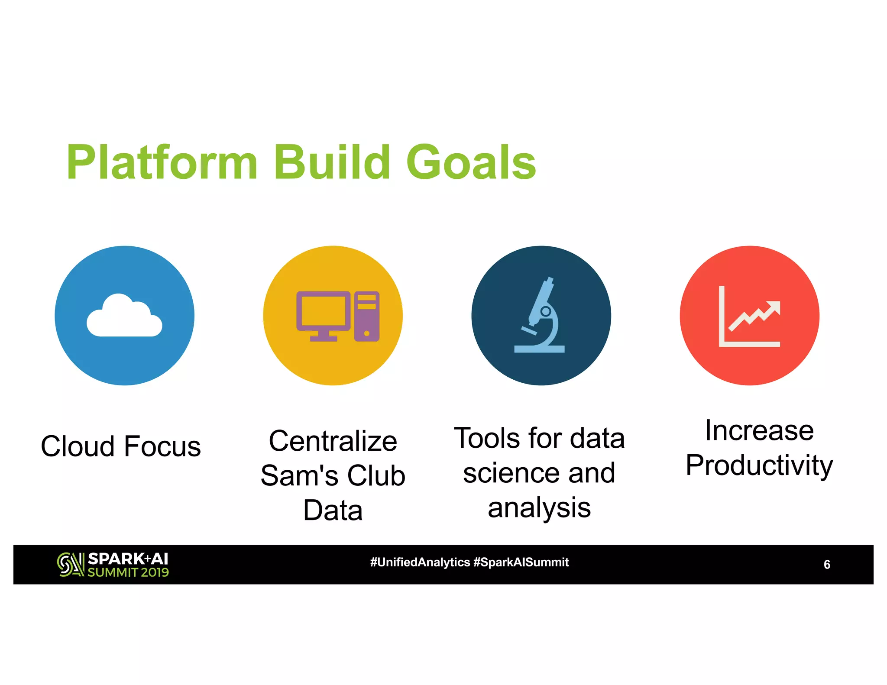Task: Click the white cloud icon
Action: click(124, 316)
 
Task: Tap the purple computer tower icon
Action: click(367, 316)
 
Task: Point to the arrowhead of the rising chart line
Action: click(774, 307)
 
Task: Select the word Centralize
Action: click(333, 441)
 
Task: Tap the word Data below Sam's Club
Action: click(333, 510)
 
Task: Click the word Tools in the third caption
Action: click(487, 438)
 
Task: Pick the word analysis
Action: click(539, 507)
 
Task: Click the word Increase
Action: click(759, 431)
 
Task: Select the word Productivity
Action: click(759, 465)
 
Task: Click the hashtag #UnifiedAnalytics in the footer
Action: click(420, 562)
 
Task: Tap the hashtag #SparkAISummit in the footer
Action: click(521, 562)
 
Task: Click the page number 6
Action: click(826, 565)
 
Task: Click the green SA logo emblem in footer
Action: click(71, 565)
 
